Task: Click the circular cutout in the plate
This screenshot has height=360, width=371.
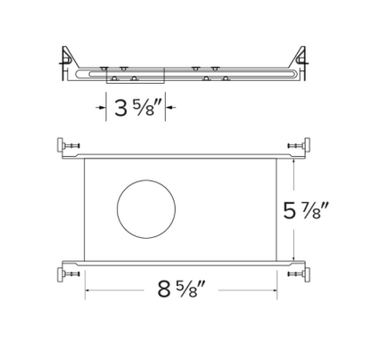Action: click(x=147, y=210)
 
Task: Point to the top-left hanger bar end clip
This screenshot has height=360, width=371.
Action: click(x=68, y=145)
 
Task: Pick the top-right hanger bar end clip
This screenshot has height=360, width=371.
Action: click(x=305, y=145)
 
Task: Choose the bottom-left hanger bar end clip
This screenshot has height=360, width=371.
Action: click(x=68, y=274)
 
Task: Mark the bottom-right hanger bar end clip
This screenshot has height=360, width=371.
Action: click(x=305, y=274)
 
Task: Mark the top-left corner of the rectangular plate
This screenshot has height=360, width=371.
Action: click(x=85, y=159)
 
